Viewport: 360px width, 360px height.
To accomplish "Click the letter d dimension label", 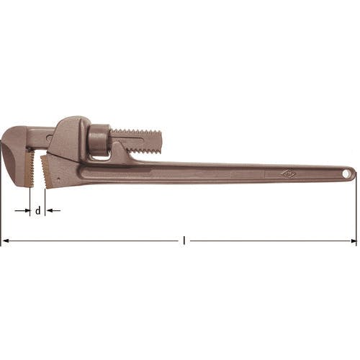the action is (x=38, y=211).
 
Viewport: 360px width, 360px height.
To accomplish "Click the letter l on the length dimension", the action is (x=184, y=240).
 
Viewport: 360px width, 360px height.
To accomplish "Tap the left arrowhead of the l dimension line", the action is (x=5, y=240).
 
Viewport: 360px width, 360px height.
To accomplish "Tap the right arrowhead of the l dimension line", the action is (x=354, y=240).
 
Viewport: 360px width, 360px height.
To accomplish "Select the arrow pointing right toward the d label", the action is (x=22, y=210).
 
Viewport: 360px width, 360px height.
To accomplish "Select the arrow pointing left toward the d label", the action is (x=53, y=210).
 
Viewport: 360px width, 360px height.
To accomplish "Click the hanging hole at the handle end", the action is (x=347, y=174).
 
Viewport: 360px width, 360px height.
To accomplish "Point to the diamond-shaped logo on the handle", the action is (x=287, y=174).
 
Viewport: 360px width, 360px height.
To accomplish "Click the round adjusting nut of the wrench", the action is (x=98, y=140).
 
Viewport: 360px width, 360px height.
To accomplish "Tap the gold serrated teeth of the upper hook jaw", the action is (x=30, y=168).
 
